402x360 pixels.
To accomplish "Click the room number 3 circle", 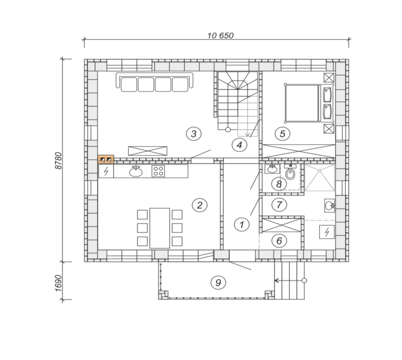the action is coord(193,134).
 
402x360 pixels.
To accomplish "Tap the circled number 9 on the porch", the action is coord(218,283).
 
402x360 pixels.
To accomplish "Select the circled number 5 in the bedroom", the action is coord(282,134).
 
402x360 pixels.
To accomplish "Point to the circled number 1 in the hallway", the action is coord(242,225).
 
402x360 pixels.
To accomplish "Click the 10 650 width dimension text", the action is coord(221,35).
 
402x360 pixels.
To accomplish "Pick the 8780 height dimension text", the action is coord(59,160).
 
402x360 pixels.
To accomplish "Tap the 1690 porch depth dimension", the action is coord(59,283).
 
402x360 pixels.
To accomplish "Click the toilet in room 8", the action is coord(290,172).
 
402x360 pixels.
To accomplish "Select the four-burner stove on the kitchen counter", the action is coord(158,171).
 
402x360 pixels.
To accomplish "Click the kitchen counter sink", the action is coord(136,171).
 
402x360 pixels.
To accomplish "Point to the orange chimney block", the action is coord(106,159).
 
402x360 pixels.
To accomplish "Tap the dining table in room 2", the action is coord(160,228).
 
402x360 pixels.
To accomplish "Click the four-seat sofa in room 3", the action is coord(154,82).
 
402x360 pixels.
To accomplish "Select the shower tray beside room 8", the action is coord(320,178).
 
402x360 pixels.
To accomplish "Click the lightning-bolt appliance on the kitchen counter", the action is coord(106,171).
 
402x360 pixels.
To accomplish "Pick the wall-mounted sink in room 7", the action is coord(330,206).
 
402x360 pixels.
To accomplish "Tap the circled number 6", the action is coord(279,241).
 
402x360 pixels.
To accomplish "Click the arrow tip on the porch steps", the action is coord(275,281).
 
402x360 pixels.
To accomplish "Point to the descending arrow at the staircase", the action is coord(247,123).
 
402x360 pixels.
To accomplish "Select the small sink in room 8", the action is coord(272,169).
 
